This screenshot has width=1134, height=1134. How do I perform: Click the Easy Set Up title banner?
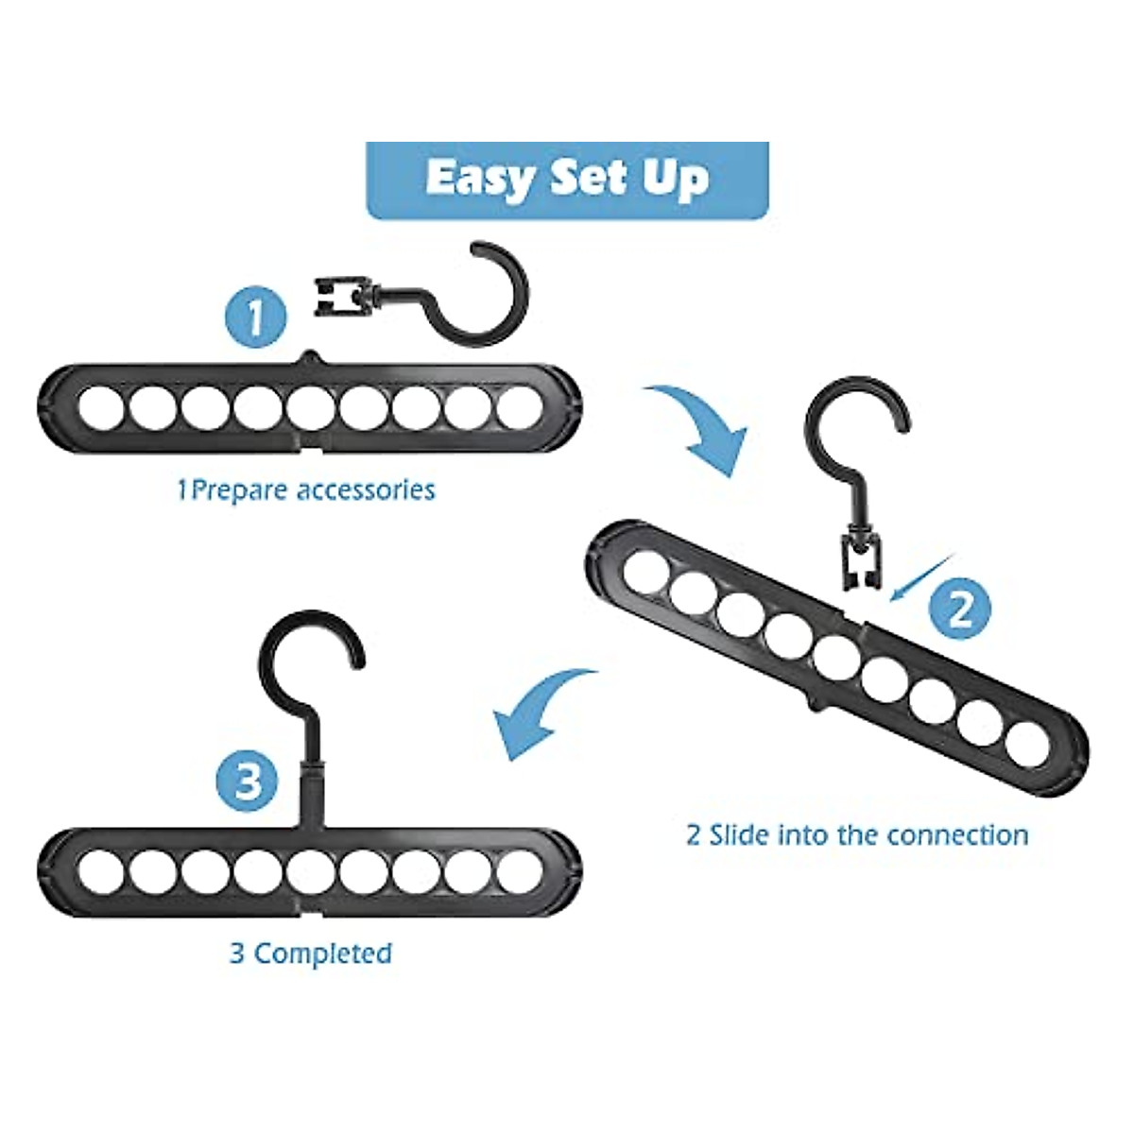click(x=567, y=180)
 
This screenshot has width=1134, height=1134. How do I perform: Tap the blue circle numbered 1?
click(x=255, y=317)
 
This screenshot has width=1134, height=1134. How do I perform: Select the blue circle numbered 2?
click(x=958, y=610)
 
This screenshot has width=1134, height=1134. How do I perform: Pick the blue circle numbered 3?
click(x=249, y=782)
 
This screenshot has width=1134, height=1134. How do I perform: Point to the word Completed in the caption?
click(x=323, y=953)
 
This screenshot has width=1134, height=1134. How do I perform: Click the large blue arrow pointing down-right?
click(x=699, y=425)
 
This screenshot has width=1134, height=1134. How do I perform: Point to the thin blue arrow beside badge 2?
click(x=917, y=576)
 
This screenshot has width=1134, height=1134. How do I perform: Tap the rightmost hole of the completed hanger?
click(x=517, y=870)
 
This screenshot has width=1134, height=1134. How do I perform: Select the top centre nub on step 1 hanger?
click(x=312, y=357)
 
